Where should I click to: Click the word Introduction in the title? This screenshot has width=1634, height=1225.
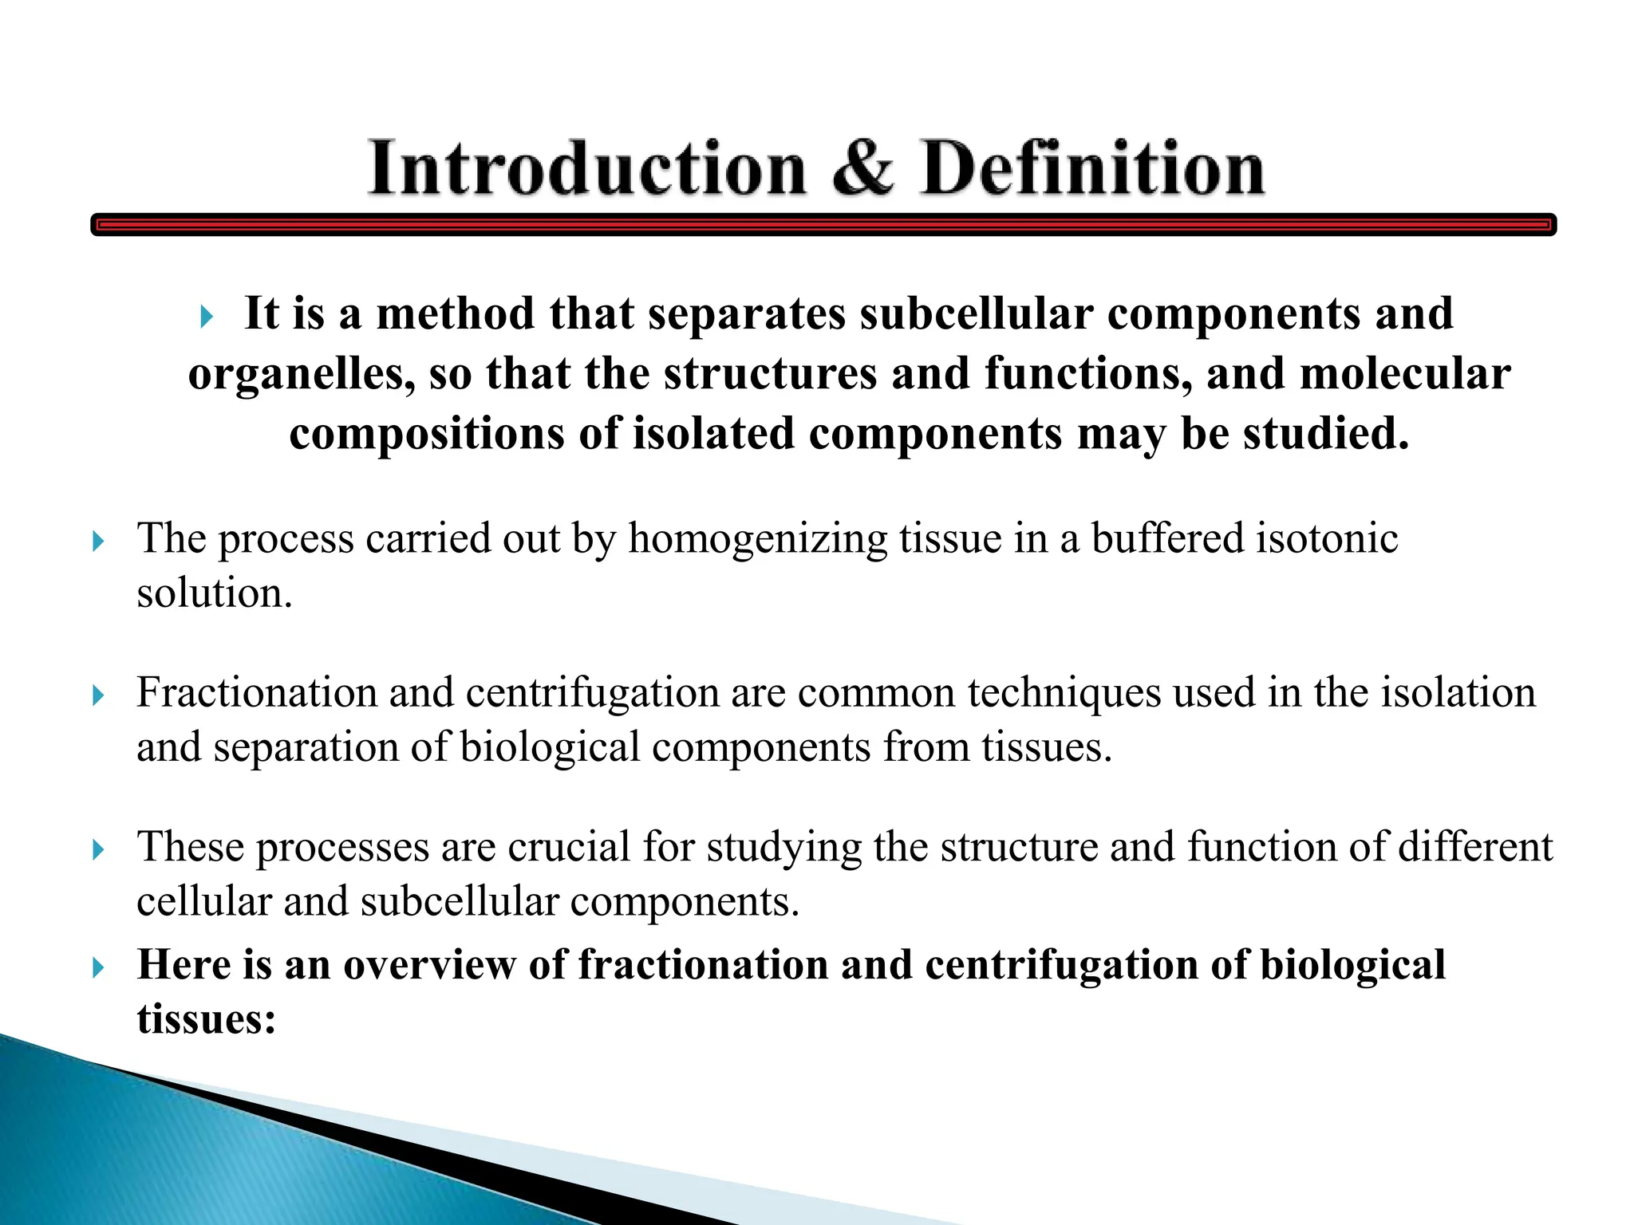point(586,168)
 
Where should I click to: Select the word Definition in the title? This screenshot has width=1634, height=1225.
point(1092,168)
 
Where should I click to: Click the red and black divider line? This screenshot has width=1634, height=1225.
point(823,225)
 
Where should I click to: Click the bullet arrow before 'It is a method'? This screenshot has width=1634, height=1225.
point(207,317)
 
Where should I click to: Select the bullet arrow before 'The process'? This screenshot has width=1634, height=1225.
point(98,542)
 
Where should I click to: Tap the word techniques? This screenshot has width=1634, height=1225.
point(1064,692)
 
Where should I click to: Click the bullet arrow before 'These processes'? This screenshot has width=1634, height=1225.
point(98,850)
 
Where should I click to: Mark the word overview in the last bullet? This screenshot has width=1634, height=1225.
point(429,964)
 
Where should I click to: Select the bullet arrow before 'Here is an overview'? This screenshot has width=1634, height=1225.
point(98,968)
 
